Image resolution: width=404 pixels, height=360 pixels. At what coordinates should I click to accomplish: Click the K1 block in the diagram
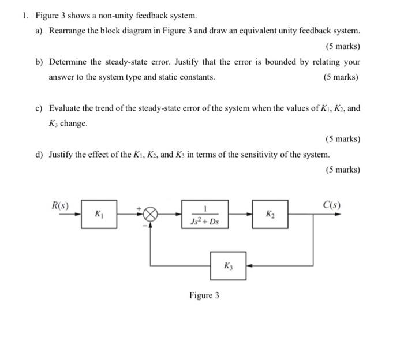(99, 214)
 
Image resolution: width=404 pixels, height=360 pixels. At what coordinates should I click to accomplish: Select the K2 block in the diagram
(270, 214)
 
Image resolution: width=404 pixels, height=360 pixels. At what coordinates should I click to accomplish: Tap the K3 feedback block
(227, 266)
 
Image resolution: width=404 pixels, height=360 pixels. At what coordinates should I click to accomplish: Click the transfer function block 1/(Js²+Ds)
(204, 214)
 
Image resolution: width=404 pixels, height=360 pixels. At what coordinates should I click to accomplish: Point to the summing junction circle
(151, 214)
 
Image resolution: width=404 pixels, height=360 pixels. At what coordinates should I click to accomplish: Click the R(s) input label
(61, 205)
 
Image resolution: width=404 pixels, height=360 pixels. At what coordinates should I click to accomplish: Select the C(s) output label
(331, 205)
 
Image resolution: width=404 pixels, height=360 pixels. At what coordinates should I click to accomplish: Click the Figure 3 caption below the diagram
(204, 295)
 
